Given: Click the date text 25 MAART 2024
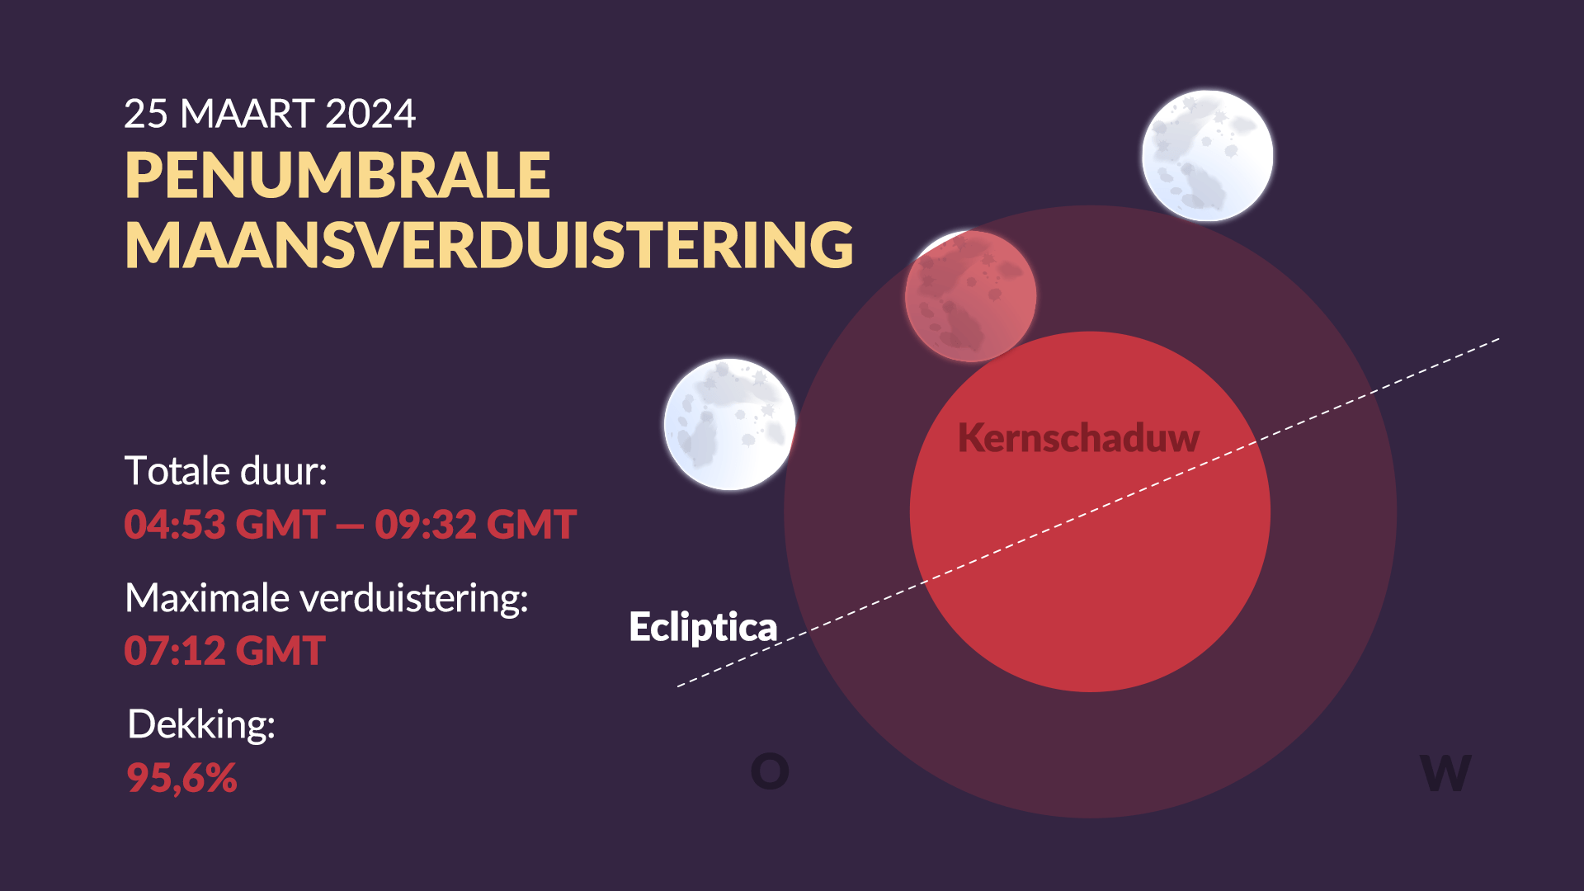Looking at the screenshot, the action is pos(270,114).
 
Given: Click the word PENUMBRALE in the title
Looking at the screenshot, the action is pos(337,176).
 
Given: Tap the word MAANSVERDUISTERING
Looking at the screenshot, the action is pos(489,245).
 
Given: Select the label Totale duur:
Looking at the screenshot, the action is pos(226,472).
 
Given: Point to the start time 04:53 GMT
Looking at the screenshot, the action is pos(224,525).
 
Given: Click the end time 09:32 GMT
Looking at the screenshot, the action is pos(476,525).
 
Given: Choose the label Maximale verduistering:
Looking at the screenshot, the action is pos(327,598).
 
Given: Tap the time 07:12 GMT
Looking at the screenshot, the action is pos(225,651).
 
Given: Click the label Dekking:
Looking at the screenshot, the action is pos(201,725).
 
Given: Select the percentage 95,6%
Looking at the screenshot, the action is pos(182,778).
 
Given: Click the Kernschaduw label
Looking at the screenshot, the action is pos(1078,438).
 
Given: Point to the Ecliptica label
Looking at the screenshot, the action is pos(703,628).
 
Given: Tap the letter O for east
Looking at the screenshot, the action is pos(770,772).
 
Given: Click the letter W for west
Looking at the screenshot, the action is pos(1445,774).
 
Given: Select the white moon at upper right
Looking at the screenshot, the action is pos(1208,156).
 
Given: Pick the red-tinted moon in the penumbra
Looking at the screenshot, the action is pos(970,296).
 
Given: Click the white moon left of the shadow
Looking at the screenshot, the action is pos(730,425).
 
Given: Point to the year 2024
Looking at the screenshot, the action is pos(370,114).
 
